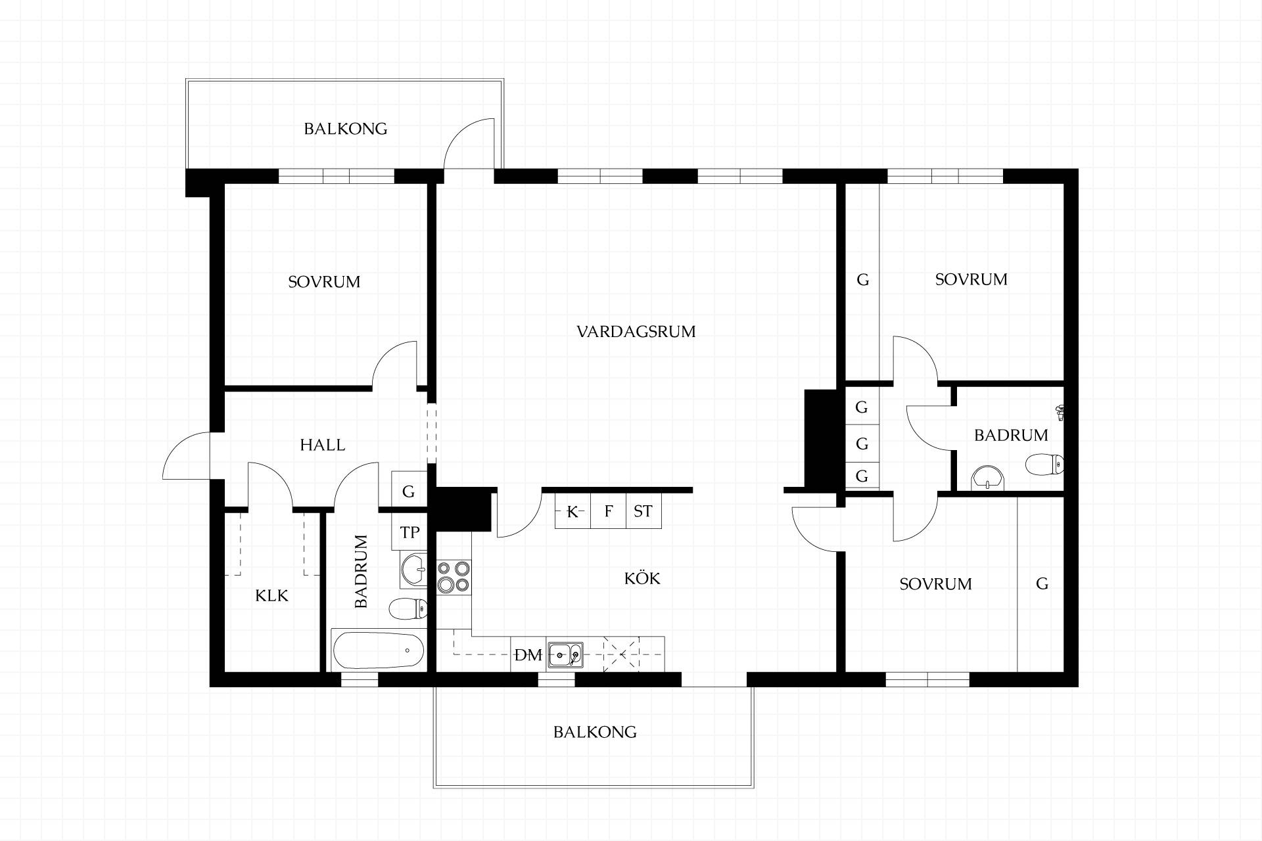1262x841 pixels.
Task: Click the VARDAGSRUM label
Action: coord(636,331)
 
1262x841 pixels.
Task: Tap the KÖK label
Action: coord(642,578)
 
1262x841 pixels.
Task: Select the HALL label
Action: coord(322,445)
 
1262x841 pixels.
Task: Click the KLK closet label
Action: coord(271,596)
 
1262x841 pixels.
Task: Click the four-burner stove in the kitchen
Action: coord(454,577)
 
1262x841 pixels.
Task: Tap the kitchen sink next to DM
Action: coord(565,654)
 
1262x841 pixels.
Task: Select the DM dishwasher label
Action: coord(528,655)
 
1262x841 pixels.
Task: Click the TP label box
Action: coord(409,532)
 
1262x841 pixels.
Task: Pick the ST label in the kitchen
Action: coord(643,511)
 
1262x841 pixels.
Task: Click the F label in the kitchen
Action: coord(609,511)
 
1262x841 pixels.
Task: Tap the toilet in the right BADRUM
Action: coord(1044,465)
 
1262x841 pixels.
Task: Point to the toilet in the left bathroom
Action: coord(408,609)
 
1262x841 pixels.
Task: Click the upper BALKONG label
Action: coord(345,128)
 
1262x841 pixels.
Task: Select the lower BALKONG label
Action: coord(595,732)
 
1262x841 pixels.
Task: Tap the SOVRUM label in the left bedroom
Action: coord(324,282)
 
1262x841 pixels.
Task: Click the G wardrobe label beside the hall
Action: coord(408,491)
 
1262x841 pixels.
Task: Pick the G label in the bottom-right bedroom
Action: coord(1042,583)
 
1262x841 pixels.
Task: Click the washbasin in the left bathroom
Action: coord(413,569)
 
